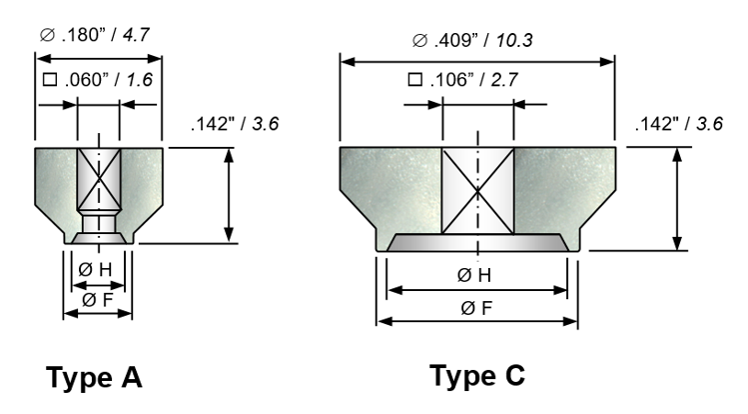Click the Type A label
94,378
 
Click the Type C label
477,375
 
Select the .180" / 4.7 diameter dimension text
95,35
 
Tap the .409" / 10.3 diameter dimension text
472,40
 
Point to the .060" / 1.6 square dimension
98,80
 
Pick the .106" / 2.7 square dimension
463,80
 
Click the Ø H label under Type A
95,270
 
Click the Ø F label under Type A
97,300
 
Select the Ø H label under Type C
473,276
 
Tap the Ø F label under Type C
476,308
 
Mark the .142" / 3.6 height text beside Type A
235,124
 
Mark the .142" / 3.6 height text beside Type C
679,124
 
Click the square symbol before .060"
50,79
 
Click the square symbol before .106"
415,79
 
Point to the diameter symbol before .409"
419,41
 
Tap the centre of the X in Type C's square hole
478,191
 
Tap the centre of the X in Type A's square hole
99,178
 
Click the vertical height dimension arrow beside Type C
677,199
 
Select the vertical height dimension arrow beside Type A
229,195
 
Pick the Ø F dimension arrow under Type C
477,321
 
